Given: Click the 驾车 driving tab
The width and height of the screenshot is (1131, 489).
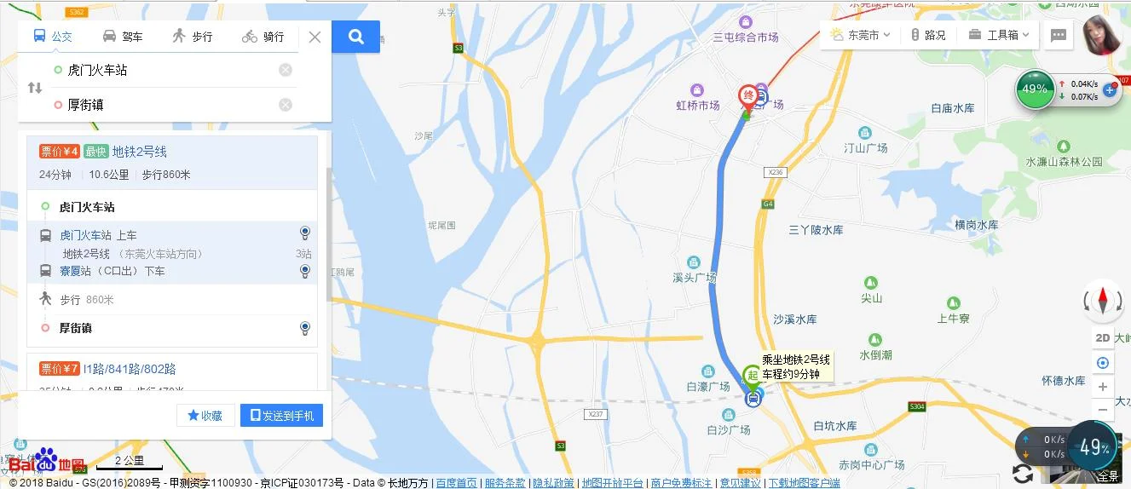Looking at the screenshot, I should [123, 37].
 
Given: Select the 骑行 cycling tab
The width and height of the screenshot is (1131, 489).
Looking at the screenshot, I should [263, 37].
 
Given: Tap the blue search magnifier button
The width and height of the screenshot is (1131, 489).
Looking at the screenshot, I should [356, 37].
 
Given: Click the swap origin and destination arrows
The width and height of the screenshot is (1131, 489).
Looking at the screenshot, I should [35, 88].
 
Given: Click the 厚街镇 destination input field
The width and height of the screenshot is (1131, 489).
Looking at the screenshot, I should [170, 105].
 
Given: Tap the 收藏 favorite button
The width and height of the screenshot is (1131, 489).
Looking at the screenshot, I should [205, 416].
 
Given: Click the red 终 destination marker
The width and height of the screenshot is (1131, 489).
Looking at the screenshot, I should [747, 95].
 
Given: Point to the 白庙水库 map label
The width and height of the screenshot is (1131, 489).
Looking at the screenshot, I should [952, 109].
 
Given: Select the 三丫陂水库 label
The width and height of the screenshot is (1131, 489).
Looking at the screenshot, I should [816, 231].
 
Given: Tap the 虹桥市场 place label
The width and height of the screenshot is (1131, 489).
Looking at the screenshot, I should [698, 106].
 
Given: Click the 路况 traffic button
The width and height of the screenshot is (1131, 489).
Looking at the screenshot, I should [928, 35].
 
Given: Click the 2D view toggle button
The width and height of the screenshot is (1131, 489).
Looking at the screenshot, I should [1102, 338].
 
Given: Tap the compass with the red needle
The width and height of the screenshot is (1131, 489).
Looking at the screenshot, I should [1102, 301].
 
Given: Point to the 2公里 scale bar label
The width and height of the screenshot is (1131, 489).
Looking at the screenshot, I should [130, 461].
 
